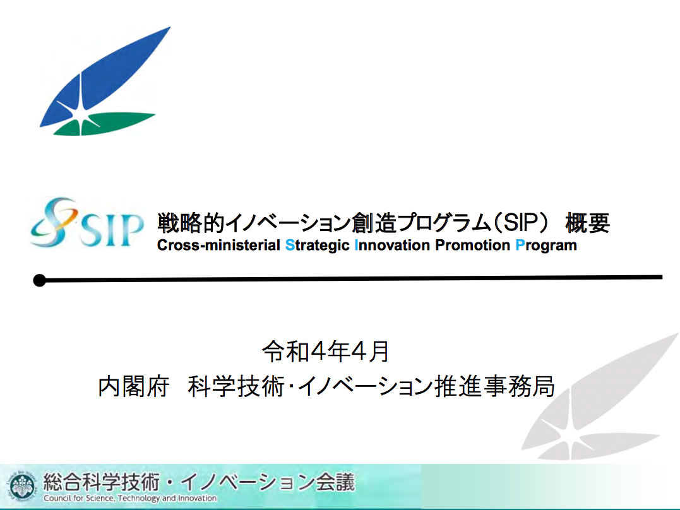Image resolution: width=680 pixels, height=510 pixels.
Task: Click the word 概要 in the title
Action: (588, 223)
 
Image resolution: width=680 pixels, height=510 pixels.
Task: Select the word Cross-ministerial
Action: (218, 245)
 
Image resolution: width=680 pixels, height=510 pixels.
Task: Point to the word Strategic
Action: (318, 246)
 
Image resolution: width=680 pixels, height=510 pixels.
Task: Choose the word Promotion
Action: (473, 245)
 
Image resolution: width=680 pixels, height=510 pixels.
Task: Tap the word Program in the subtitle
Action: (546, 246)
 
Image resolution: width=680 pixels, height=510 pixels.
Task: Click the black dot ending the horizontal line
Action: (40, 280)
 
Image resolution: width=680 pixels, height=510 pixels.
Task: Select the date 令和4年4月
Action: (326, 352)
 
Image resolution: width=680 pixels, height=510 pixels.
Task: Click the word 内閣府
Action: (134, 386)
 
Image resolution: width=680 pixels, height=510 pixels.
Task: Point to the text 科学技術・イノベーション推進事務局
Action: (371, 386)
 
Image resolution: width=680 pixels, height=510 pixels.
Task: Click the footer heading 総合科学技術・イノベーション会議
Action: (199, 482)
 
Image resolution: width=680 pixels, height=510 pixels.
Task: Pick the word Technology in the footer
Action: (139, 499)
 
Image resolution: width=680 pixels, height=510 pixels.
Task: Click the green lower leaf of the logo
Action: (104, 124)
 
